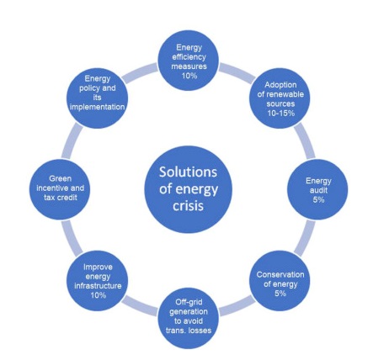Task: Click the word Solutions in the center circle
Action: [188, 172]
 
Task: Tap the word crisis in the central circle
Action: [188, 205]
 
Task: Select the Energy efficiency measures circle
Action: [189, 61]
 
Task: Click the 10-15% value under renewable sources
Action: [280, 114]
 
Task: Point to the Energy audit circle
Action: [317, 189]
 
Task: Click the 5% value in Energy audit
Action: [318, 199]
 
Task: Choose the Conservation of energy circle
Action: [280, 281]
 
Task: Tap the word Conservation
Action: [280, 274]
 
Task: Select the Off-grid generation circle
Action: [189, 319]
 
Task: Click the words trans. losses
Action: [189, 331]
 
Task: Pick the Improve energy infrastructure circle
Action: [97, 281]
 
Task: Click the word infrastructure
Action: [98, 286]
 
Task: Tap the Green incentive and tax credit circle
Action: [60, 189]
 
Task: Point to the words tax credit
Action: [61, 198]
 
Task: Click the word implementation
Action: [97, 107]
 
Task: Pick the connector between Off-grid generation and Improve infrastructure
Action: [140, 306]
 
